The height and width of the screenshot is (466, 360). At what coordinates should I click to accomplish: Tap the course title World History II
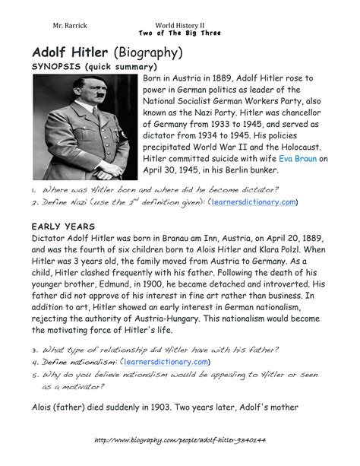click(x=180, y=25)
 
